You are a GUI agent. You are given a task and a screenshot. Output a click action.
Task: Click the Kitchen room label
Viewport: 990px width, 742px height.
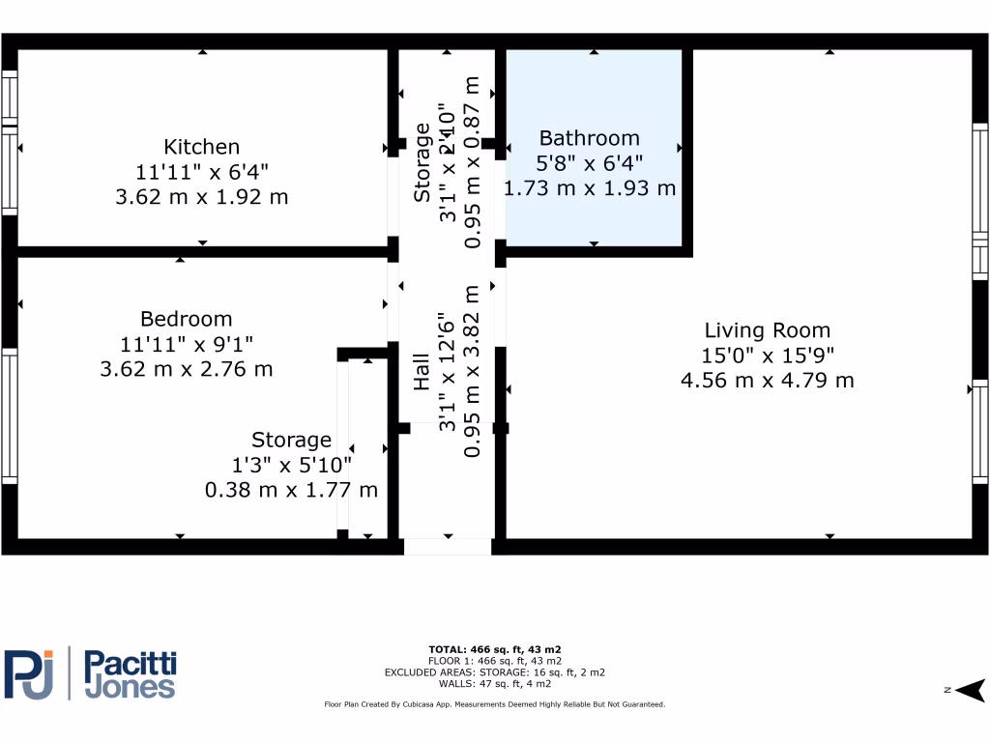[x=201, y=147]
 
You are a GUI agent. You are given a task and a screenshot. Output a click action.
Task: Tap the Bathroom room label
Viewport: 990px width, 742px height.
[x=589, y=138]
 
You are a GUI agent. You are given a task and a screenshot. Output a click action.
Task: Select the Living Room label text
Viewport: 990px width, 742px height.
[x=767, y=330]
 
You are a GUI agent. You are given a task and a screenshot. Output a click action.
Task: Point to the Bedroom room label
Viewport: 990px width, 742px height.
[x=186, y=319]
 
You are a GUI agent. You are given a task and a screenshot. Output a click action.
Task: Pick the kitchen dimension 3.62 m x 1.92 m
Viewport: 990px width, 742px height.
[x=201, y=197]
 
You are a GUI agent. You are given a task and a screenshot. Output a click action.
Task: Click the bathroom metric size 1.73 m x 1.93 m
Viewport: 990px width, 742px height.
[x=589, y=188]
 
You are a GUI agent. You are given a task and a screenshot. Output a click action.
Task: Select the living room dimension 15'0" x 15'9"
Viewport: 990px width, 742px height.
[x=767, y=356]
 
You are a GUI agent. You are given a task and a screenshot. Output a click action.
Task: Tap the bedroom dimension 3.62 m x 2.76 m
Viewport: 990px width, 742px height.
[x=186, y=369]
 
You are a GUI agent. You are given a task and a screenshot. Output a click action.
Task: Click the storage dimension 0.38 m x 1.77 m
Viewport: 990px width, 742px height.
[x=291, y=490]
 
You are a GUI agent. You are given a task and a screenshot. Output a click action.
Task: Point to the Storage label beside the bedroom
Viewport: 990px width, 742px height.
[x=291, y=441]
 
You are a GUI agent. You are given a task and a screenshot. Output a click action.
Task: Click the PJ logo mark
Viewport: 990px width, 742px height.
[x=31, y=673]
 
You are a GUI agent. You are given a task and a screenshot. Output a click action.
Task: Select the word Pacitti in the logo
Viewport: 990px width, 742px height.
[x=131, y=664]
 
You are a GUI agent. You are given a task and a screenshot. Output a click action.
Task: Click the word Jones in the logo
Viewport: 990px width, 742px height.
[x=130, y=687]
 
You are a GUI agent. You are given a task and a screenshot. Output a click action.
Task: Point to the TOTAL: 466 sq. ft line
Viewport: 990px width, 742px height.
[x=494, y=649]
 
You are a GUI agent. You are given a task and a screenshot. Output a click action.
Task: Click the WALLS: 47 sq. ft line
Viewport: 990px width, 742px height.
[x=494, y=683]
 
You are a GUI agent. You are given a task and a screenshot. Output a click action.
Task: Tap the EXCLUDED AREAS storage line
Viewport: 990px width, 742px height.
[x=494, y=671]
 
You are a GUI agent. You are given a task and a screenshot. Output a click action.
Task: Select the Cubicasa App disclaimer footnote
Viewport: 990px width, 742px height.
[x=494, y=704]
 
